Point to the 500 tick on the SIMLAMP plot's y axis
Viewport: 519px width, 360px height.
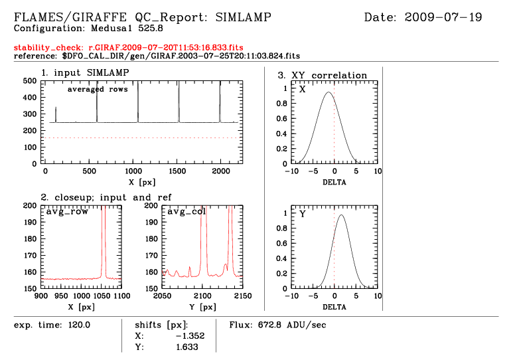tap(31, 80)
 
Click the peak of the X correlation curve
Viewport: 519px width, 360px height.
tap(328, 92)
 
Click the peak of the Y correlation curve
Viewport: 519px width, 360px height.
tap(341, 215)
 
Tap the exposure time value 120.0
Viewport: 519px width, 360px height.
tap(77, 325)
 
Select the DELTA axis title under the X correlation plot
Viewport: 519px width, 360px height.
tap(333, 181)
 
